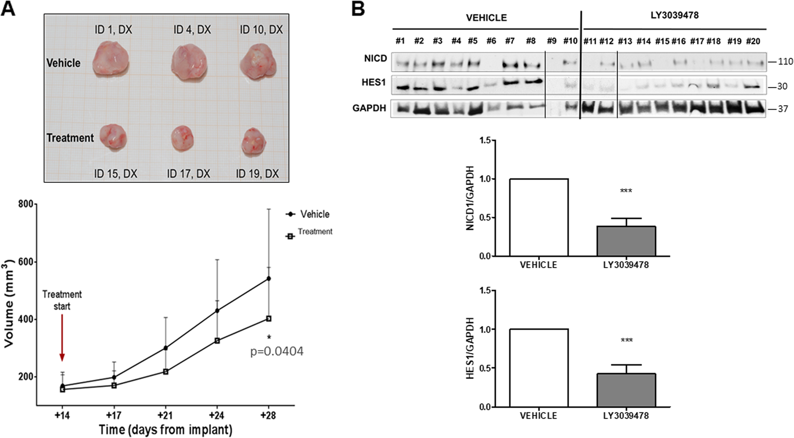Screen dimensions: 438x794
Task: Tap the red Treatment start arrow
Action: tap(62, 338)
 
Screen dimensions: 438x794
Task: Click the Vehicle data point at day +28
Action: tap(269, 278)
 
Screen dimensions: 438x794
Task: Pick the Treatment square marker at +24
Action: tap(217, 341)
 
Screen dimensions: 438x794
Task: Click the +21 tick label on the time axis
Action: tap(165, 416)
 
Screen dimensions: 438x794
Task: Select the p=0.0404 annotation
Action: tap(277, 351)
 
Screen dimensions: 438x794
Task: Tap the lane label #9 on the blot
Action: tap(552, 41)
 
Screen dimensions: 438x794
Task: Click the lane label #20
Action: tap(753, 41)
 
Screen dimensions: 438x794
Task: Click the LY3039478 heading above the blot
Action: tap(675, 16)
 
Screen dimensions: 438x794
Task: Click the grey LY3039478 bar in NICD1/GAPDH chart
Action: tap(626, 241)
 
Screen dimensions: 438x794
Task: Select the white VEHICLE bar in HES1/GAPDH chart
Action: tap(539, 368)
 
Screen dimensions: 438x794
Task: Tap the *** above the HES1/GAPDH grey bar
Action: tap(626, 341)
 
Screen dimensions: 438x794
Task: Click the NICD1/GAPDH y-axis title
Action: tap(470, 198)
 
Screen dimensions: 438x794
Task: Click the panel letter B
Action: tap(358, 9)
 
